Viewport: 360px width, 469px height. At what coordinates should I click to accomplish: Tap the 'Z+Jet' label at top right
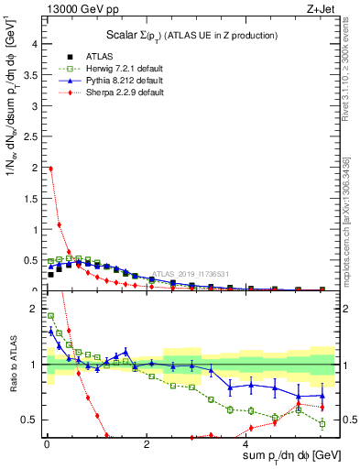point(320,10)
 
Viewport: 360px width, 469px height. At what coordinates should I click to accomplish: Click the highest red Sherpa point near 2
point(50,169)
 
